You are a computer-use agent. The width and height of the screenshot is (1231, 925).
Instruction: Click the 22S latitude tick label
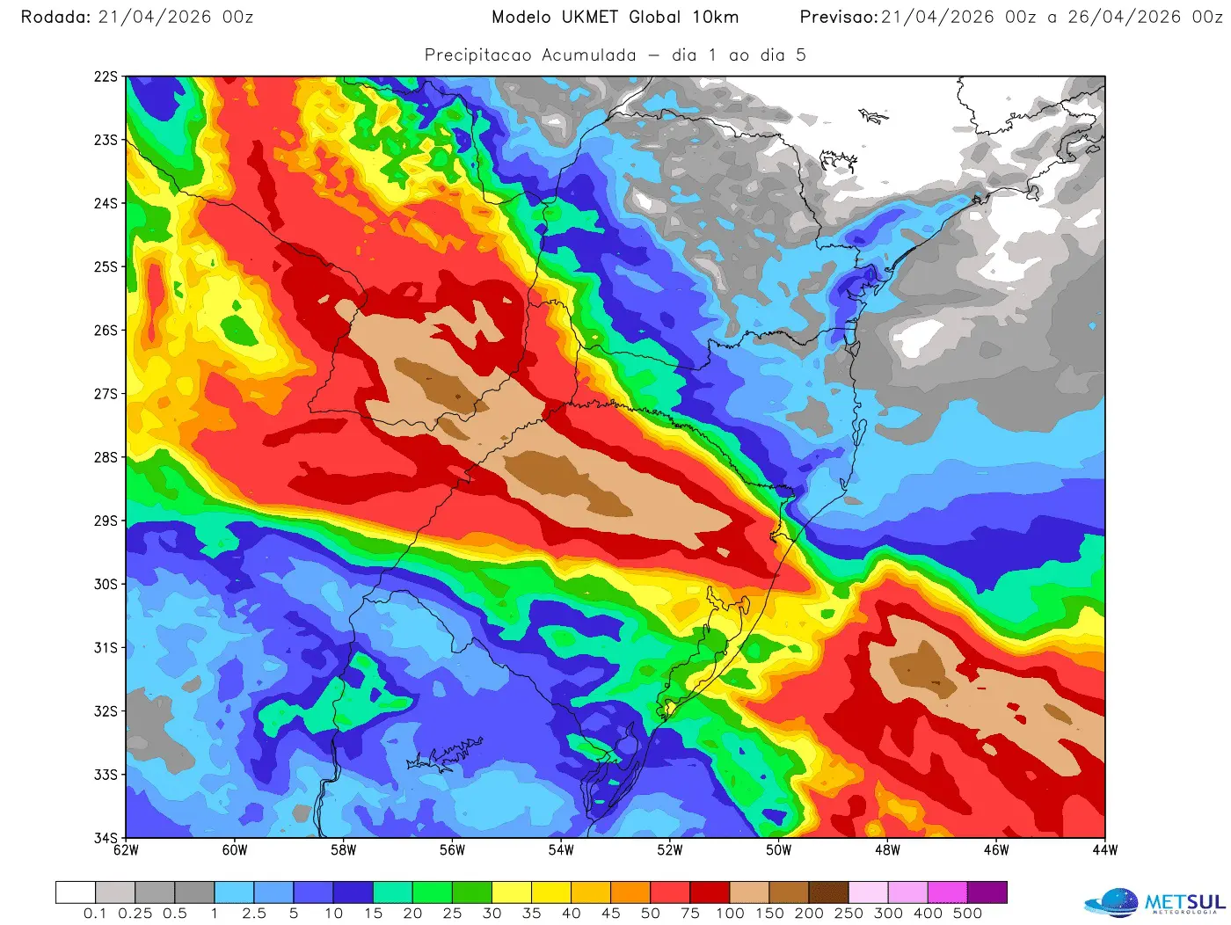105,76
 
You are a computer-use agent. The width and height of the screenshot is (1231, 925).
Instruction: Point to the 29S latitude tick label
105,521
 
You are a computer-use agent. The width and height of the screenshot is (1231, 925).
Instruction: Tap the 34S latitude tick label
105,837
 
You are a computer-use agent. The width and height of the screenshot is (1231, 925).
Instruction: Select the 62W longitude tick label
127,850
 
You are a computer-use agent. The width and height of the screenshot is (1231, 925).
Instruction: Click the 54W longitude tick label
561,850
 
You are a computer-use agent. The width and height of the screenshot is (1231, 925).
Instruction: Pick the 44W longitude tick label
1105,850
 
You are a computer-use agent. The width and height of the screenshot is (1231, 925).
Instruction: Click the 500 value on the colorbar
967,914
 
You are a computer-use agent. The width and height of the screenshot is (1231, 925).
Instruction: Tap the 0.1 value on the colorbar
95,914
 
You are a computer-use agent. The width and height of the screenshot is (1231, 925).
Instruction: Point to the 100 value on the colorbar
730,914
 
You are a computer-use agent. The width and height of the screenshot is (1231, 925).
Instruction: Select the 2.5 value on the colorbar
254,914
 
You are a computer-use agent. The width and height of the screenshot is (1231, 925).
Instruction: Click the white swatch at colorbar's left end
76,892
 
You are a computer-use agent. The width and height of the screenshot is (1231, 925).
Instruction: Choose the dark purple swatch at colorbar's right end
987,892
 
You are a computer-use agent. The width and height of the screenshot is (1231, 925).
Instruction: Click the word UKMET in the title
590,17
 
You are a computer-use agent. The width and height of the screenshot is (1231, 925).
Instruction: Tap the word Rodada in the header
55,17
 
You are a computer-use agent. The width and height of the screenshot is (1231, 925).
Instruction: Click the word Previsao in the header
838,17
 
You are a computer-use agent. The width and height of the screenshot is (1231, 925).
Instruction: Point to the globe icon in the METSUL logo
1113,903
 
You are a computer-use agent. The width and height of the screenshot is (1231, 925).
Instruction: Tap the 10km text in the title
715,17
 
